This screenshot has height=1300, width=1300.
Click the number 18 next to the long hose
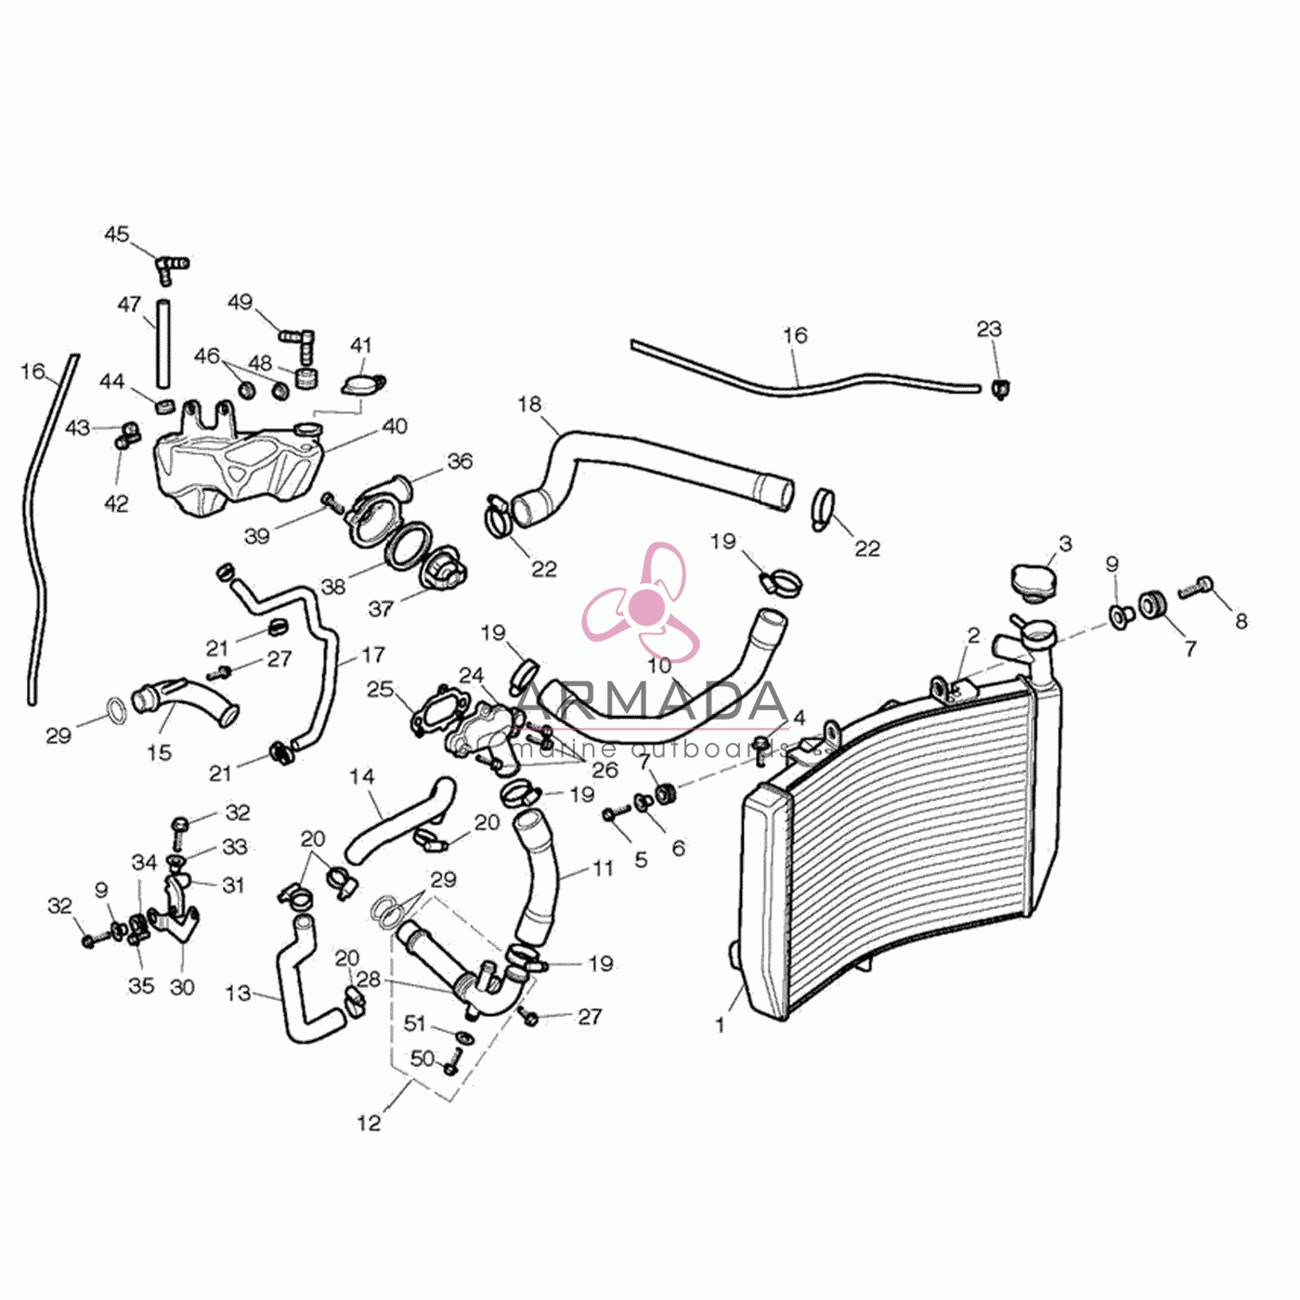529,404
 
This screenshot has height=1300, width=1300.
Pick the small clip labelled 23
1001,388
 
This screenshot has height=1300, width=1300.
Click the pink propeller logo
640,603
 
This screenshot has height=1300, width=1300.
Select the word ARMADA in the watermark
653,701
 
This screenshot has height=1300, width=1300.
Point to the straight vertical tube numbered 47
162,344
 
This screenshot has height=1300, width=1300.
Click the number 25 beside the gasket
381,690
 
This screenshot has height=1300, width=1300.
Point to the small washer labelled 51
464,1036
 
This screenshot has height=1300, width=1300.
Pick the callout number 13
238,993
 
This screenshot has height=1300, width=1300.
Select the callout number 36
460,461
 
